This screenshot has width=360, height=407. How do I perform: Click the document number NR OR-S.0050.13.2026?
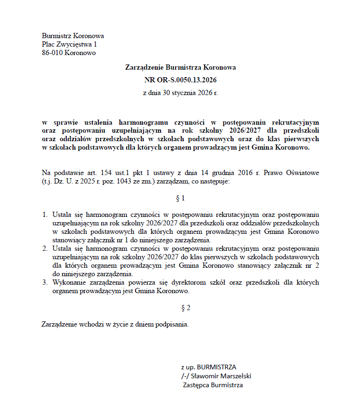pyautogui.click(x=180, y=80)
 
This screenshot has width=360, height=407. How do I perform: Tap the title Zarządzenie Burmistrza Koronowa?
pyautogui.click(x=180, y=68)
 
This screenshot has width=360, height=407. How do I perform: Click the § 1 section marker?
pyautogui.click(x=180, y=199)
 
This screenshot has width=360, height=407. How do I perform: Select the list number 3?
pyautogui.click(x=46, y=283)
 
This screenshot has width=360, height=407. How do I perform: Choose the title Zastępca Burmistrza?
pyautogui.click(x=213, y=385)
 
